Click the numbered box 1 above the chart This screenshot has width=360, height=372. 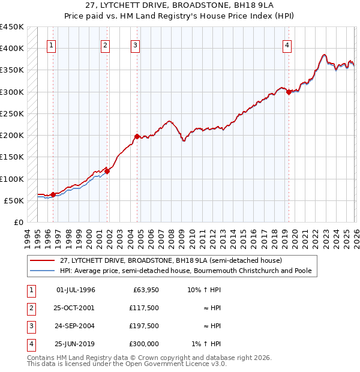(52, 45)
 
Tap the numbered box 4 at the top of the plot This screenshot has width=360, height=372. (287, 45)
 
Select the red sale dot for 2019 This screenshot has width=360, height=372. (289, 92)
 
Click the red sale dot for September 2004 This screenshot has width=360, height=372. (137, 136)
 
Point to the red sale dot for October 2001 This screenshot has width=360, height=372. (107, 171)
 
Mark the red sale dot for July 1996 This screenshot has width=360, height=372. (53, 194)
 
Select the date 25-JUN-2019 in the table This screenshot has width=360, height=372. (75, 344)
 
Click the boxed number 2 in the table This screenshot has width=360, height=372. (29, 308)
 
